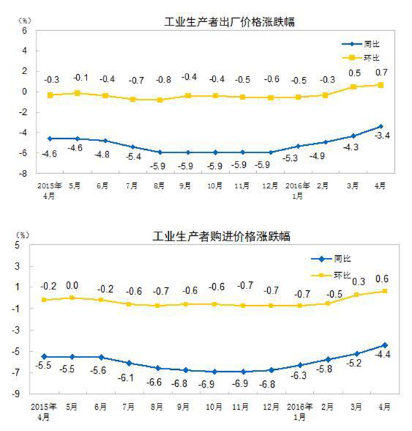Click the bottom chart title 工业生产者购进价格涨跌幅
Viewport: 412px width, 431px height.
click(221, 236)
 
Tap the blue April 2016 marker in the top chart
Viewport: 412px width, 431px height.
click(381, 126)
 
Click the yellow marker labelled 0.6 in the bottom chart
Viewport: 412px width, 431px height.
click(381, 291)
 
